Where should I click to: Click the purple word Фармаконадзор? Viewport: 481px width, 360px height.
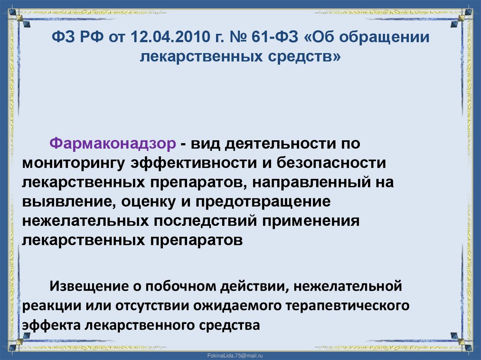click(x=113, y=143)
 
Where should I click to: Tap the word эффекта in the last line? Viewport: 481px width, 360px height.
click(x=50, y=325)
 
